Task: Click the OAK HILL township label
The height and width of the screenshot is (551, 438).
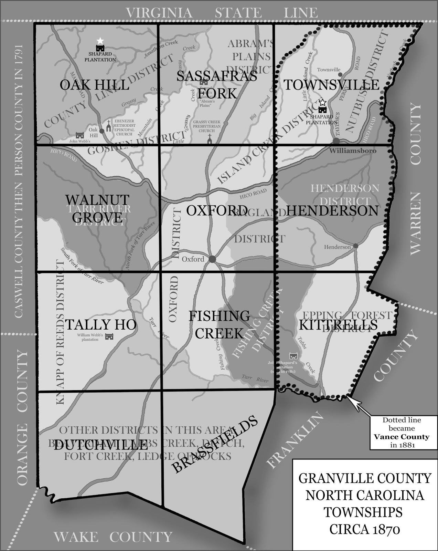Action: [x=95, y=85]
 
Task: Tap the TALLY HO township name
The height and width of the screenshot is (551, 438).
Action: [x=101, y=324]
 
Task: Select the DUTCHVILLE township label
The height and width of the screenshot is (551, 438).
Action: [x=100, y=446]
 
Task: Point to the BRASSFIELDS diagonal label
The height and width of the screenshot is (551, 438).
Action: [x=215, y=445]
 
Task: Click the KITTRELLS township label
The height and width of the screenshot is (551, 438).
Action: [x=338, y=325]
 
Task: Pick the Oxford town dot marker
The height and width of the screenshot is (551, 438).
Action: [x=212, y=259]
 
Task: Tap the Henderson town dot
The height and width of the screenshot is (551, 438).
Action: [x=355, y=246]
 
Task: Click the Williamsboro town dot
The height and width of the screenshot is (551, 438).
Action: [x=336, y=141]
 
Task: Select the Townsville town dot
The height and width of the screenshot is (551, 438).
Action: [x=340, y=74]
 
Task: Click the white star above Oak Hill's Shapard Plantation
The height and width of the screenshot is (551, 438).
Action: [x=100, y=41]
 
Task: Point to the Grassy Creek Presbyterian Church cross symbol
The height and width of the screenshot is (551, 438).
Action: [x=209, y=138]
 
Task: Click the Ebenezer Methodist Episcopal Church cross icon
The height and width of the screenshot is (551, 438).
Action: [x=109, y=126]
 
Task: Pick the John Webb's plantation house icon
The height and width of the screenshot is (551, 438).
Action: [x=80, y=135]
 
